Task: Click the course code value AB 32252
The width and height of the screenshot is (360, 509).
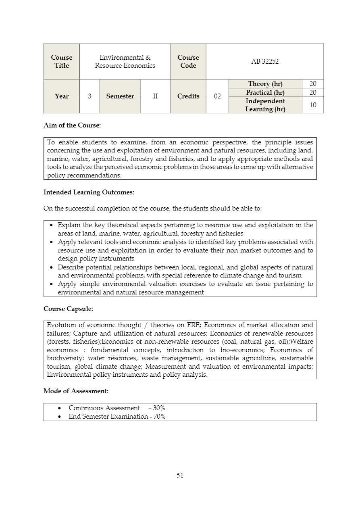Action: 265,61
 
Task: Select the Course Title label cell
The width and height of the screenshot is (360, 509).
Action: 62,61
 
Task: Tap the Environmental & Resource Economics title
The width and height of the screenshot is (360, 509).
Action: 125,61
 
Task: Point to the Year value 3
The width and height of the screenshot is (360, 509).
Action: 89,96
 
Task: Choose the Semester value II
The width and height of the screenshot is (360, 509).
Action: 155,96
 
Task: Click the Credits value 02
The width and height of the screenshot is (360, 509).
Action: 217,96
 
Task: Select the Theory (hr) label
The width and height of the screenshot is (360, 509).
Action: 265,83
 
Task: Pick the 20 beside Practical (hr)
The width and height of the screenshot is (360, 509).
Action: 313,92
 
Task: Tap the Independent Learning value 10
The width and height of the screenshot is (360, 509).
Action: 313,105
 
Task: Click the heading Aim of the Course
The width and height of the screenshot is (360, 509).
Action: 72,125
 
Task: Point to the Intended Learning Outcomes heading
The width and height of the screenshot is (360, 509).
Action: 89,192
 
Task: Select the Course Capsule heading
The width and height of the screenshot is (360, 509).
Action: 68,309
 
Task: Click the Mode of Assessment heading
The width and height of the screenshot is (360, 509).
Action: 76,391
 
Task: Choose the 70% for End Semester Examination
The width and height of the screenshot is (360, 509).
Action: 159,416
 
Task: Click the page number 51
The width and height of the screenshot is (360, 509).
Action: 180,475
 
